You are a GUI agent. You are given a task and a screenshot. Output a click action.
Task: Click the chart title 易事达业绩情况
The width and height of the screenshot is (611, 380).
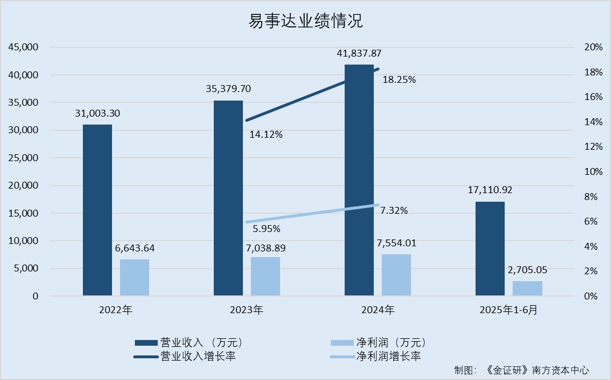pos(305,22)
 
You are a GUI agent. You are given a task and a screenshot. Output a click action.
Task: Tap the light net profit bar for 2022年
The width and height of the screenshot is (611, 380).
pos(134,278)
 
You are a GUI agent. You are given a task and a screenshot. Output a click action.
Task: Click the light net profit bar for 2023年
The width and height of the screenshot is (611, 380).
pos(265,277)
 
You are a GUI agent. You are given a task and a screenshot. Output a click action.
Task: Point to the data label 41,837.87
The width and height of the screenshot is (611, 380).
pos(359,54)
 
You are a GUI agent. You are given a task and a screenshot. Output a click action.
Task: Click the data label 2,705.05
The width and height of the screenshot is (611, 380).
pos(527,270)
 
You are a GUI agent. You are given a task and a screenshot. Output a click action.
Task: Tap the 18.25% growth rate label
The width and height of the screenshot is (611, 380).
pos(399,80)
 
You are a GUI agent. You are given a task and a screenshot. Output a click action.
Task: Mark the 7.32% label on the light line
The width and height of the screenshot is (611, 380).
pos(394,211)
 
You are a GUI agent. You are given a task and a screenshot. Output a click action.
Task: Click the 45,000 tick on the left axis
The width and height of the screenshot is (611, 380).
pos(23,47)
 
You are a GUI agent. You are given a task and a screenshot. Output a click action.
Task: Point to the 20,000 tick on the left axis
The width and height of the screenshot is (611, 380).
pos(23,186)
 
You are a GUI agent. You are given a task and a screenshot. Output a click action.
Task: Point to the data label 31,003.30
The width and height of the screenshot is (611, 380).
pos(97,114)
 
